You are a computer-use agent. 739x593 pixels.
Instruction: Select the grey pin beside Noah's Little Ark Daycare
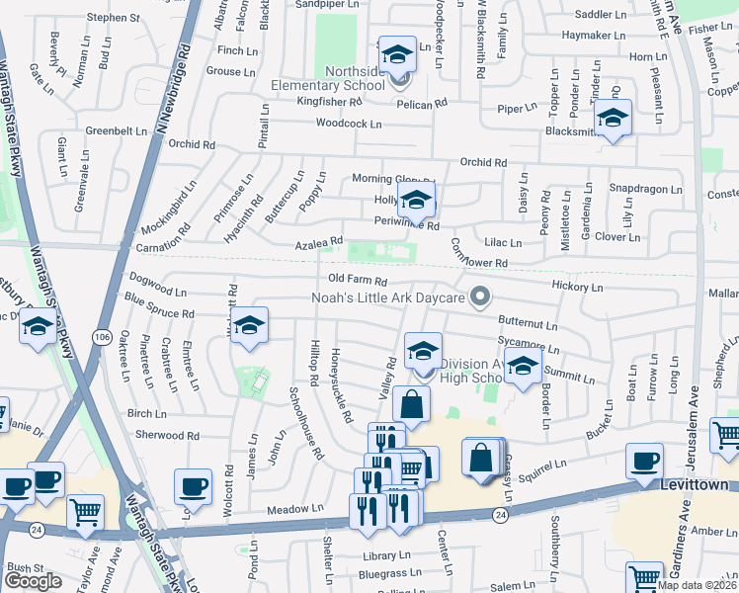481,296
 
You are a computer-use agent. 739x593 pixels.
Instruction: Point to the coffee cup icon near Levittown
645,462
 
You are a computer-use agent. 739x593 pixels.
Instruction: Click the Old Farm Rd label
357,281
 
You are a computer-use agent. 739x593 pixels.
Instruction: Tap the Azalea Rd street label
318,242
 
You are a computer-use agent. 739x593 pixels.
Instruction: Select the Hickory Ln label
577,286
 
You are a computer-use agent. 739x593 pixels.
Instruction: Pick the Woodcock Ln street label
348,124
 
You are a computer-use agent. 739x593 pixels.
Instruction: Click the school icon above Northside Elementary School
397,54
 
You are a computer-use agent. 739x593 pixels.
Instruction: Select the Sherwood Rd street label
167,435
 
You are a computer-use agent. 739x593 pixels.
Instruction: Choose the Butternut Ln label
528,323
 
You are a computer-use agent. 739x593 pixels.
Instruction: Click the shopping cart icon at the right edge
727,433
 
